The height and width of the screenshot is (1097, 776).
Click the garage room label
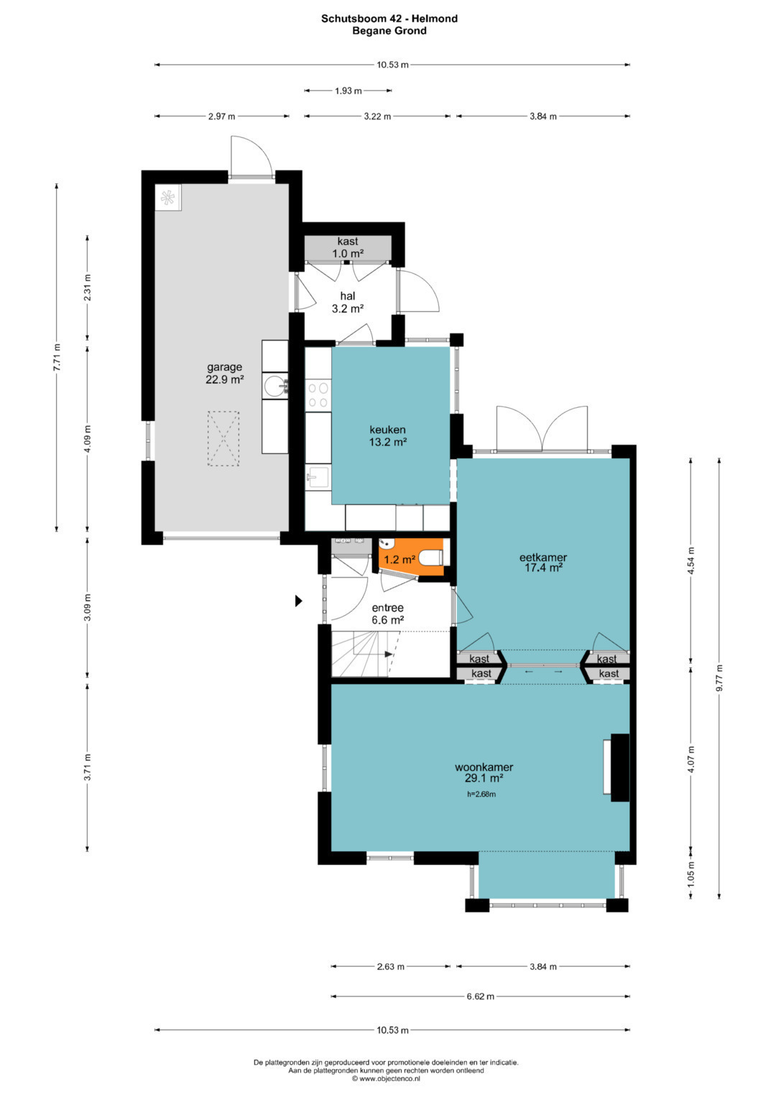(x=224, y=373)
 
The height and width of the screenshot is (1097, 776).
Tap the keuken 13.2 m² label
(x=387, y=435)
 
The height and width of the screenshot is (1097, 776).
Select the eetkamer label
(x=542, y=563)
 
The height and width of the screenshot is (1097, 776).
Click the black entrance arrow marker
(x=298, y=601)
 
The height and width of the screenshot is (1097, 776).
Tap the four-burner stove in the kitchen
(x=318, y=395)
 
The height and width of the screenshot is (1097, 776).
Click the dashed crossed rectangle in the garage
(x=223, y=438)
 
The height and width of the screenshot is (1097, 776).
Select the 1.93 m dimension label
(x=348, y=91)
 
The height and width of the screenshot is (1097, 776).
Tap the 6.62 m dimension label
(x=480, y=996)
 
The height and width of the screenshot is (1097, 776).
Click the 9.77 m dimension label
(x=719, y=678)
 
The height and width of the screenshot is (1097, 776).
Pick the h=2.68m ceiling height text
(x=481, y=795)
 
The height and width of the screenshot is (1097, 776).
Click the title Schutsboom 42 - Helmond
(x=389, y=19)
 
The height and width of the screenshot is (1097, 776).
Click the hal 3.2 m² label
(x=347, y=302)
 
